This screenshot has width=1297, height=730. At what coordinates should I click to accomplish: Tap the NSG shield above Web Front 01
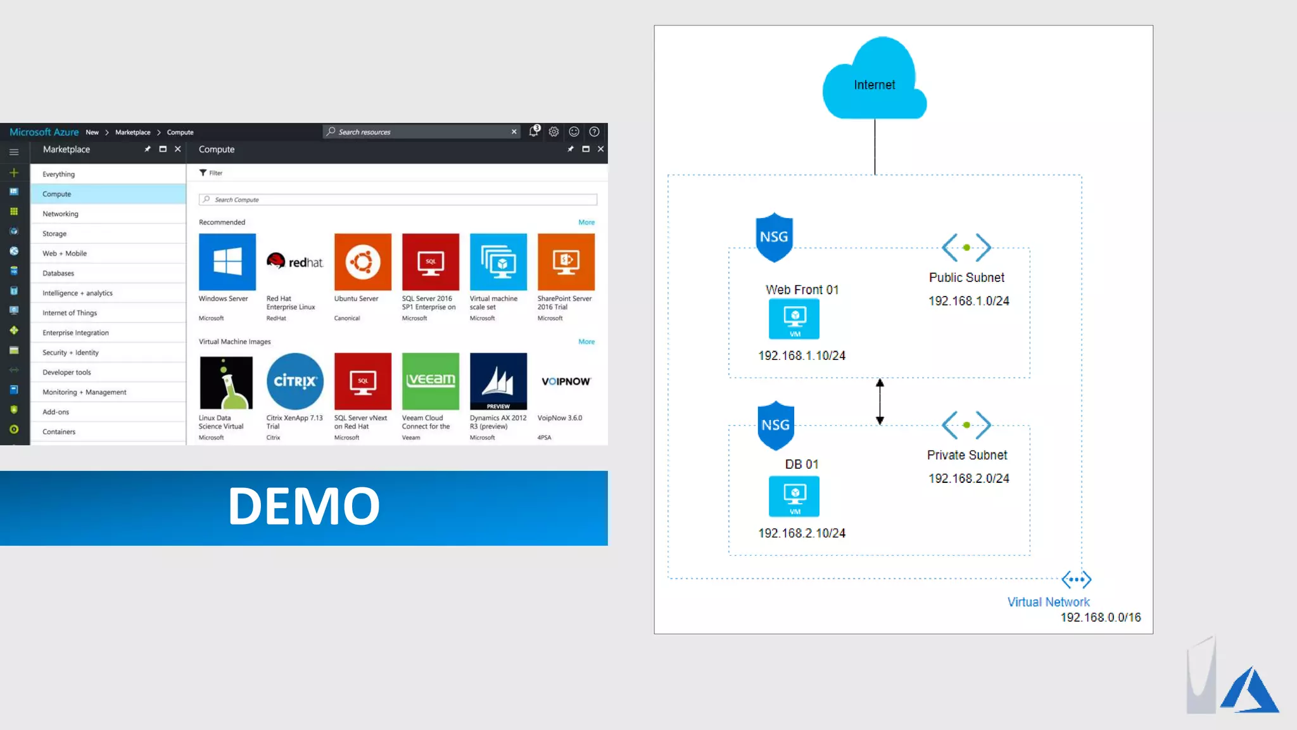[774, 237]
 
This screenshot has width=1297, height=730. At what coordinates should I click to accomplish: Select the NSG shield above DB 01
[776, 425]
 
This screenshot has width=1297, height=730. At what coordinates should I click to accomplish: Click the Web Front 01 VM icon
[794, 319]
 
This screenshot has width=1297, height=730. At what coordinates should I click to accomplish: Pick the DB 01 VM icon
[794, 496]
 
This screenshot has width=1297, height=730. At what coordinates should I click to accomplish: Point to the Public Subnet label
[966, 278]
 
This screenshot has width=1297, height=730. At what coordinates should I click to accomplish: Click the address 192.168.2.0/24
[969, 478]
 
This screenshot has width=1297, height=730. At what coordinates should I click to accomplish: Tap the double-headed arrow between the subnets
[880, 402]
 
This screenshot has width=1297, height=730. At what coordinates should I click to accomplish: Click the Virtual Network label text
[1048, 602]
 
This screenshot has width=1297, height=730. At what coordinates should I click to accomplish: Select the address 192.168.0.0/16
[1101, 617]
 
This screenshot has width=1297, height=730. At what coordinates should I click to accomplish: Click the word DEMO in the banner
[304, 506]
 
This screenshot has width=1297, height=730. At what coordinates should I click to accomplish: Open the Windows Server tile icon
[227, 262]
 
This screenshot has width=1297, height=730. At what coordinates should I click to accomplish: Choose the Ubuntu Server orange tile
[363, 262]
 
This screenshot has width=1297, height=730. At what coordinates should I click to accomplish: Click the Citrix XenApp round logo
[295, 381]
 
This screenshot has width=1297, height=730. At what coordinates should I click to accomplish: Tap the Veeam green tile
[431, 381]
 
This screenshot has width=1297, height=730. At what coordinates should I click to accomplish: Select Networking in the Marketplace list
[61, 214]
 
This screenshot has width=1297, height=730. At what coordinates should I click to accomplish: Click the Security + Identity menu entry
[70, 353]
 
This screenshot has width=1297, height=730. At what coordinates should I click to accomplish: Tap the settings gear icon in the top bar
[554, 132]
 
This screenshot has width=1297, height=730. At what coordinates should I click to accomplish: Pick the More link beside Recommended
[586, 222]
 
